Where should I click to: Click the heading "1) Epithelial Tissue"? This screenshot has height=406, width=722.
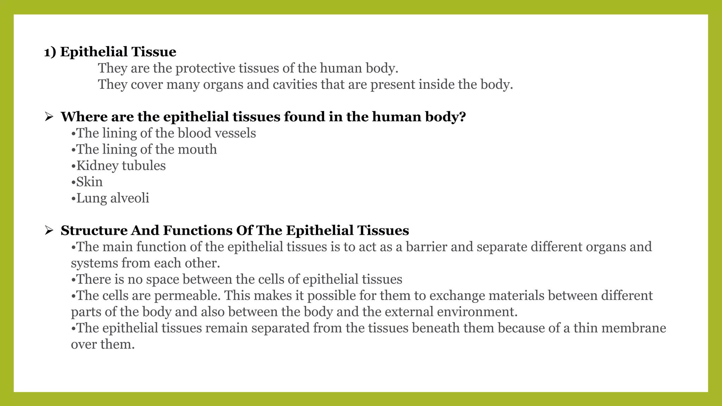point(110,52)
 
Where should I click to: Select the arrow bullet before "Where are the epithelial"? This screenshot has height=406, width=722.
point(49,117)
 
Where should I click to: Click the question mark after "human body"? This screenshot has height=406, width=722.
point(463,117)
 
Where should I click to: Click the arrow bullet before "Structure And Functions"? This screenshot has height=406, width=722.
point(49,230)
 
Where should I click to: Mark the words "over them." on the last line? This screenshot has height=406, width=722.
point(103,344)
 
